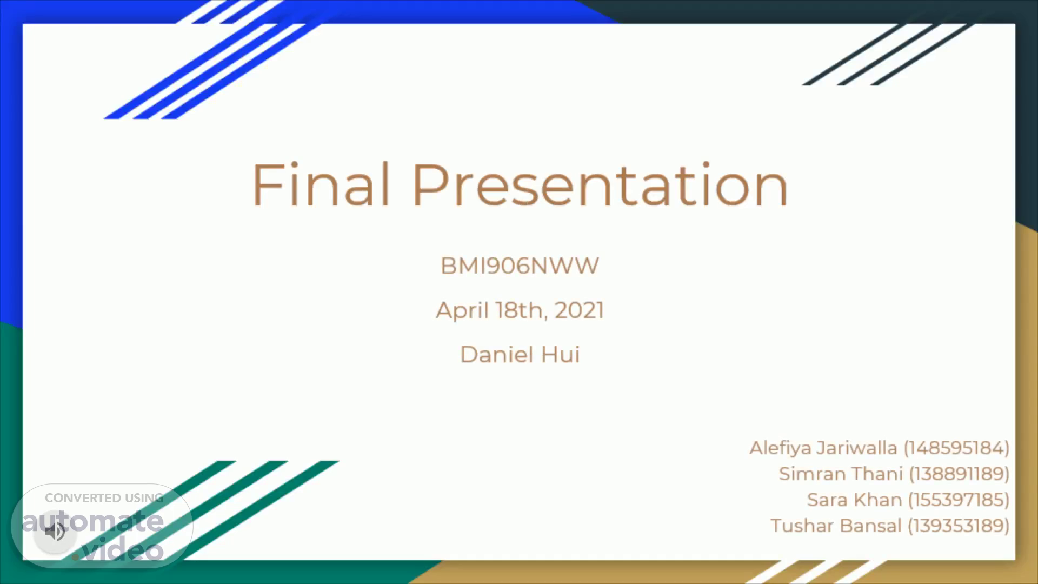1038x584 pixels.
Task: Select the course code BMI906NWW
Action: coord(520,266)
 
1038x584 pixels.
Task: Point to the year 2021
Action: coord(579,310)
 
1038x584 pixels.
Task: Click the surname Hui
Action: coord(560,355)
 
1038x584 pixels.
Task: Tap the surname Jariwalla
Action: coord(857,448)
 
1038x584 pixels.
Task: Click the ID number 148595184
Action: coord(956,448)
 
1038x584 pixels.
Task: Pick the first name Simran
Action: coord(814,474)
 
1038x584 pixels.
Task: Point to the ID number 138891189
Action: coord(959,474)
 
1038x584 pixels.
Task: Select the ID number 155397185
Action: coord(959,500)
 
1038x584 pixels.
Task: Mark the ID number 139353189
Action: coord(959,526)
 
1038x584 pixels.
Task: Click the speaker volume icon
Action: coord(55,532)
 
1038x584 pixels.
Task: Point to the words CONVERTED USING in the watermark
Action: coord(104,498)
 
